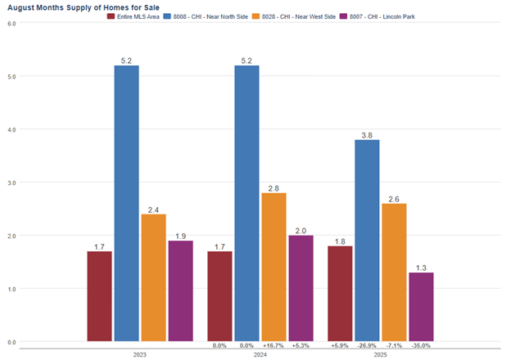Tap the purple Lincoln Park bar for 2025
[x=421, y=307]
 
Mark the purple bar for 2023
[x=180, y=290]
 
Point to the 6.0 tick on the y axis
[x=11, y=24]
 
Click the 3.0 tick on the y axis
[x=11, y=182]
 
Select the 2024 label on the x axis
[x=260, y=354]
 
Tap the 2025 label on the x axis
[x=381, y=354]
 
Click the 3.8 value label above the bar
[x=367, y=134]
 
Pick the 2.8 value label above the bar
[x=274, y=187]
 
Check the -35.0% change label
[x=421, y=346]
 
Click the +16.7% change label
[x=274, y=346]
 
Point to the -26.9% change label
[x=367, y=346]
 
